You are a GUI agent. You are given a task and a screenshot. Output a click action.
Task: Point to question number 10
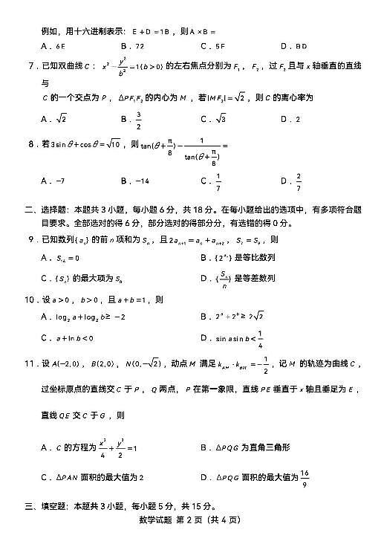tap(31, 300)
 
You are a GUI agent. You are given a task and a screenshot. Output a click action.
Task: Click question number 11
tap(31, 363)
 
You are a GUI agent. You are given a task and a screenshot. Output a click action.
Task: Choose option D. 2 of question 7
tap(290, 118)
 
